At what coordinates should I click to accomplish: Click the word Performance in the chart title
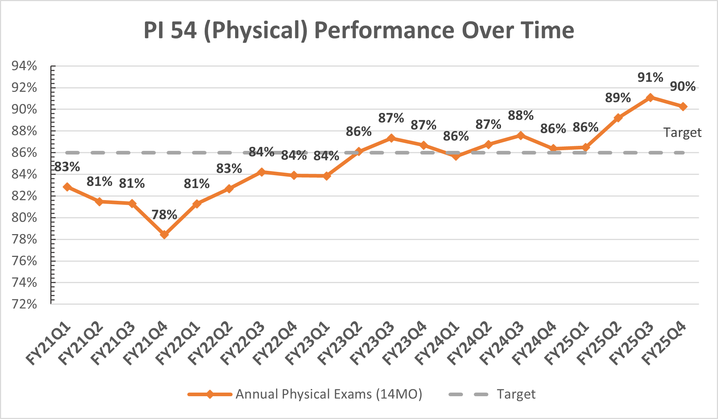384,30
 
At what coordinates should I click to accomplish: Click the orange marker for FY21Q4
164,234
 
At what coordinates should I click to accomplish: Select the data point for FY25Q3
650,97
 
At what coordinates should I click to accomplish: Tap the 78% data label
164,215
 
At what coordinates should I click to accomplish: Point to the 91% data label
650,77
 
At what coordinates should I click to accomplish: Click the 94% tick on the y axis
24,66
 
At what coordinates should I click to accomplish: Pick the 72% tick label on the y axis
24,304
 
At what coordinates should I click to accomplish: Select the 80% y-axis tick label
24,217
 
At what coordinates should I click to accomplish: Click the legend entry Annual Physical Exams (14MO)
329,394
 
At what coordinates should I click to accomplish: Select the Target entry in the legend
516,394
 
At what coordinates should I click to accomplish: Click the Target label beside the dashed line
682,132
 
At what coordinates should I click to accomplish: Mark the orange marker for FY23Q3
391,138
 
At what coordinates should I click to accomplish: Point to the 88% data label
521,115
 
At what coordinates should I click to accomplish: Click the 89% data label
618,98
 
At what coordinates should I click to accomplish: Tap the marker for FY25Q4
683,107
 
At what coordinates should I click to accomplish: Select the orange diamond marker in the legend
210,394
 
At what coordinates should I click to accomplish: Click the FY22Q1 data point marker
197,204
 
